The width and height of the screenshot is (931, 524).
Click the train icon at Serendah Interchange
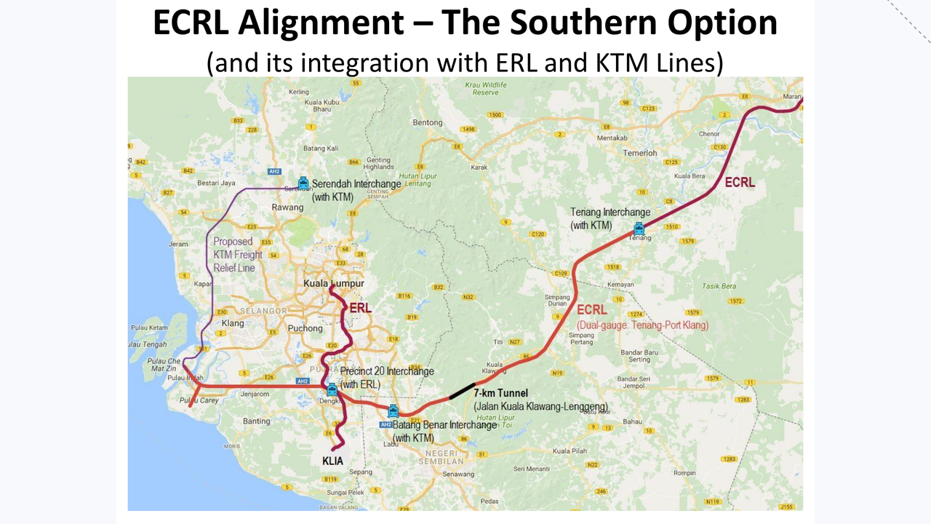[x=303, y=183]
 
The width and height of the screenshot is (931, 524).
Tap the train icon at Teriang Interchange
[x=639, y=228]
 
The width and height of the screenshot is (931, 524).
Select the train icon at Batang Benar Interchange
[x=393, y=410]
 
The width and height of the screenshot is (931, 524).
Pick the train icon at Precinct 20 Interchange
[x=332, y=389]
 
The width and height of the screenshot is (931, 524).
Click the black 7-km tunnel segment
[x=463, y=390]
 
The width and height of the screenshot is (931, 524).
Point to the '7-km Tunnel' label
[x=500, y=394]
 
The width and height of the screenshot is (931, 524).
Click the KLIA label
[x=332, y=461]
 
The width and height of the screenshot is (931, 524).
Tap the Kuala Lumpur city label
[x=333, y=283]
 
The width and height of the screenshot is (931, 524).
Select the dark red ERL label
[x=360, y=308]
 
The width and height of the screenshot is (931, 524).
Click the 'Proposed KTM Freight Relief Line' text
[x=238, y=255]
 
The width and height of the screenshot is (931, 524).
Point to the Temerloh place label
[x=639, y=153]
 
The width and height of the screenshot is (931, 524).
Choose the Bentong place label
[x=428, y=122]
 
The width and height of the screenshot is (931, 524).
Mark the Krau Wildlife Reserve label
[x=485, y=89]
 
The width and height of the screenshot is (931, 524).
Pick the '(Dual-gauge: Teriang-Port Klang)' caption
[x=642, y=325]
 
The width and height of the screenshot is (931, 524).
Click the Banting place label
[x=257, y=421]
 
